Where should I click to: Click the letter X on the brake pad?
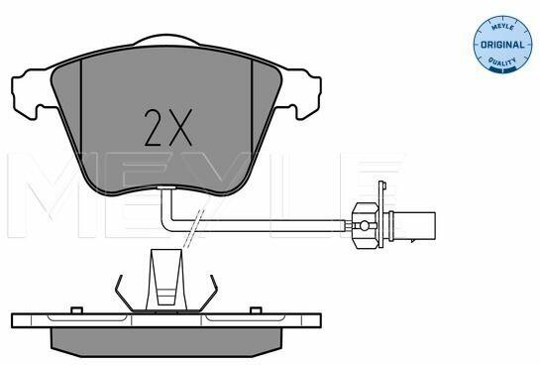[179, 128]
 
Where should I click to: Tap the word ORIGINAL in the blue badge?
[502, 45]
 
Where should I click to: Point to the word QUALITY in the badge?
[502, 63]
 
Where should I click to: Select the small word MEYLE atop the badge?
[502, 27]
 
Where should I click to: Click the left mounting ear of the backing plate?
[30, 94]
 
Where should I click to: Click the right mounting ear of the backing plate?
[303, 94]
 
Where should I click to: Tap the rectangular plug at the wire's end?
[413, 226]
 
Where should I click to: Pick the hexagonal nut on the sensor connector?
[365, 226]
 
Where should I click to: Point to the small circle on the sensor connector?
[365, 226]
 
